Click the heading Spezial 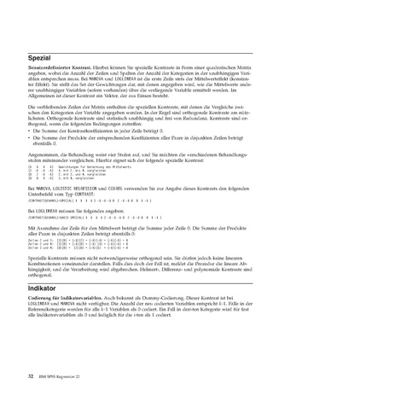[x=42, y=57]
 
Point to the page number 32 [x=31, y=375]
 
